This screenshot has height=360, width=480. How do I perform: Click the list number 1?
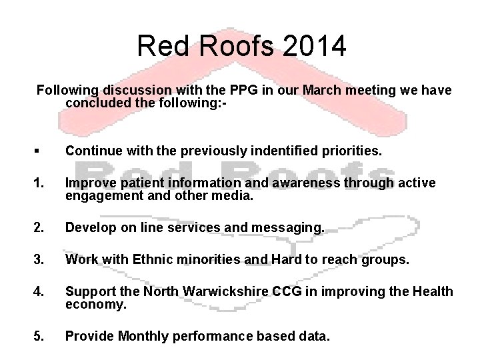(41, 183)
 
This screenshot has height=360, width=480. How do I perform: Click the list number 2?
(41, 229)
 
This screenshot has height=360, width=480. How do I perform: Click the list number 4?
(41, 292)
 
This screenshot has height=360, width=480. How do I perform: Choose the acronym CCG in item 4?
(267, 292)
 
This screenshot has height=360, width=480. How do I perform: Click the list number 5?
(41, 337)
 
